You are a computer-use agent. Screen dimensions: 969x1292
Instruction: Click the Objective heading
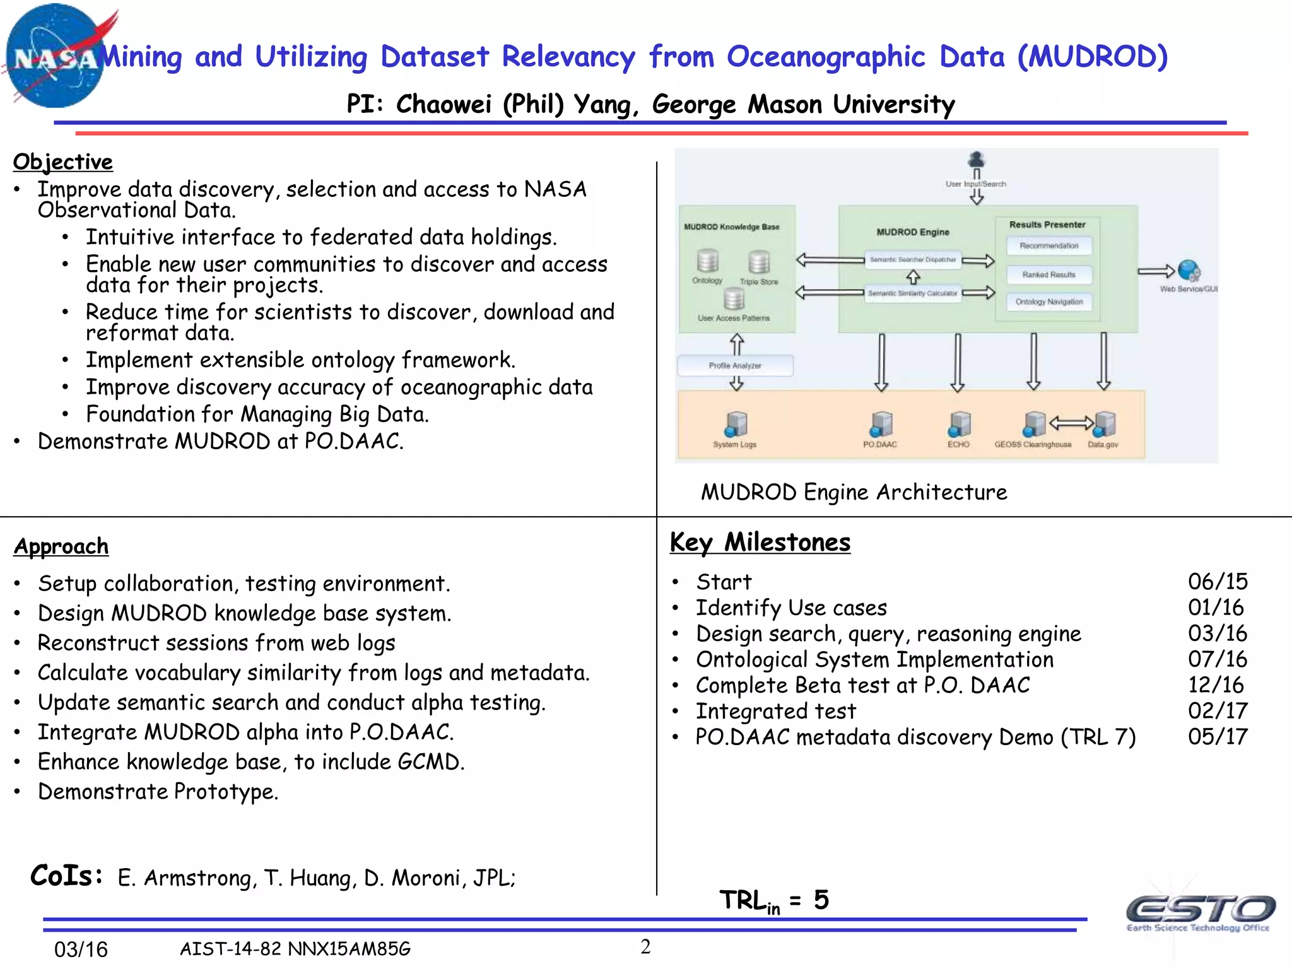(x=63, y=162)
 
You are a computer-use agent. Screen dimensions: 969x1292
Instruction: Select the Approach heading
(x=61, y=546)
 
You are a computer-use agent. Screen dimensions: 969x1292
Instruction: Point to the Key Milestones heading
(x=760, y=543)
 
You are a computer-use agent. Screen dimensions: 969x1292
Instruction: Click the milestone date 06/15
(x=1218, y=582)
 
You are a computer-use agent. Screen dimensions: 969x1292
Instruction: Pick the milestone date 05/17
(x=1218, y=737)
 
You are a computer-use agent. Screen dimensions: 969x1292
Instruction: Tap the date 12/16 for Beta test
(x=1216, y=685)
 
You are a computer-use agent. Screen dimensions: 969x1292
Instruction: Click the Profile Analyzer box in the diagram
(x=735, y=366)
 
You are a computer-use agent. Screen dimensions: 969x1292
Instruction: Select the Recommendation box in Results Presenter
(x=1049, y=246)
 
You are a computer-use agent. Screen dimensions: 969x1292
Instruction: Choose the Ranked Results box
(x=1049, y=274)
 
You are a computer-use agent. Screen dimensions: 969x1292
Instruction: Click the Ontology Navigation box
(x=1049, y=302)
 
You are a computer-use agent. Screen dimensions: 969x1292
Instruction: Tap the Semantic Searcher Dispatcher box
(x=913, y=260)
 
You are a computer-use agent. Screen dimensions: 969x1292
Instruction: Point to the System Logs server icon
(x=736, y=425)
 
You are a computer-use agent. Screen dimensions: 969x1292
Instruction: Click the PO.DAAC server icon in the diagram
(x=881, y=425)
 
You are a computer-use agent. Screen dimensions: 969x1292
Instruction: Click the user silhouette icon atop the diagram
(x=977, y=159)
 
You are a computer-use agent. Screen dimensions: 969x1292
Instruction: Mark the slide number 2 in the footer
(x=645, y=946)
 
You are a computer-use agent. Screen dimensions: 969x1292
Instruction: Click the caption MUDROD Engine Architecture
(x=854, y=492)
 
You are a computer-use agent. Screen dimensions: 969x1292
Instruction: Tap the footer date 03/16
(x=81, y=949)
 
